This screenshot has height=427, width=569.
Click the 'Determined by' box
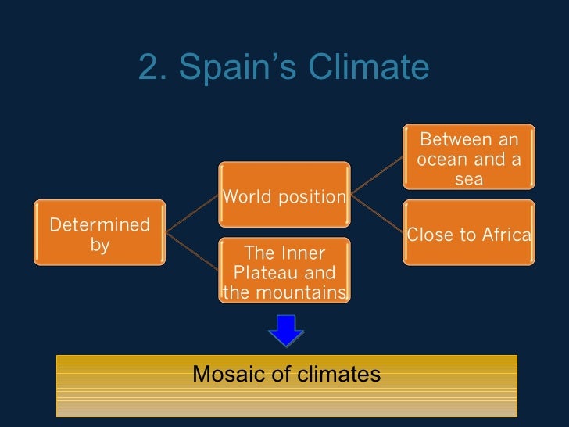[x=99, y=233]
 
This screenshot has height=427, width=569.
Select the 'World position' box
[x=284, y=196]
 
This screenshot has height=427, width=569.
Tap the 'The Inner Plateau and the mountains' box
[x=284, y=271]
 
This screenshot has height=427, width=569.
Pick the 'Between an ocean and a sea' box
[x=468, y=159]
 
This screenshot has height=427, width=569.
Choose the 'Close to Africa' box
[x=469, y=233]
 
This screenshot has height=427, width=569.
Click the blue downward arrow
[x=285, y=328]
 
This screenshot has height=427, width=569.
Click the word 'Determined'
[x=99, y=225]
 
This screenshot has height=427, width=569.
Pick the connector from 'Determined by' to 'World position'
[x=192, y=213]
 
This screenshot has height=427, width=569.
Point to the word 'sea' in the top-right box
[x=468, y=179]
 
